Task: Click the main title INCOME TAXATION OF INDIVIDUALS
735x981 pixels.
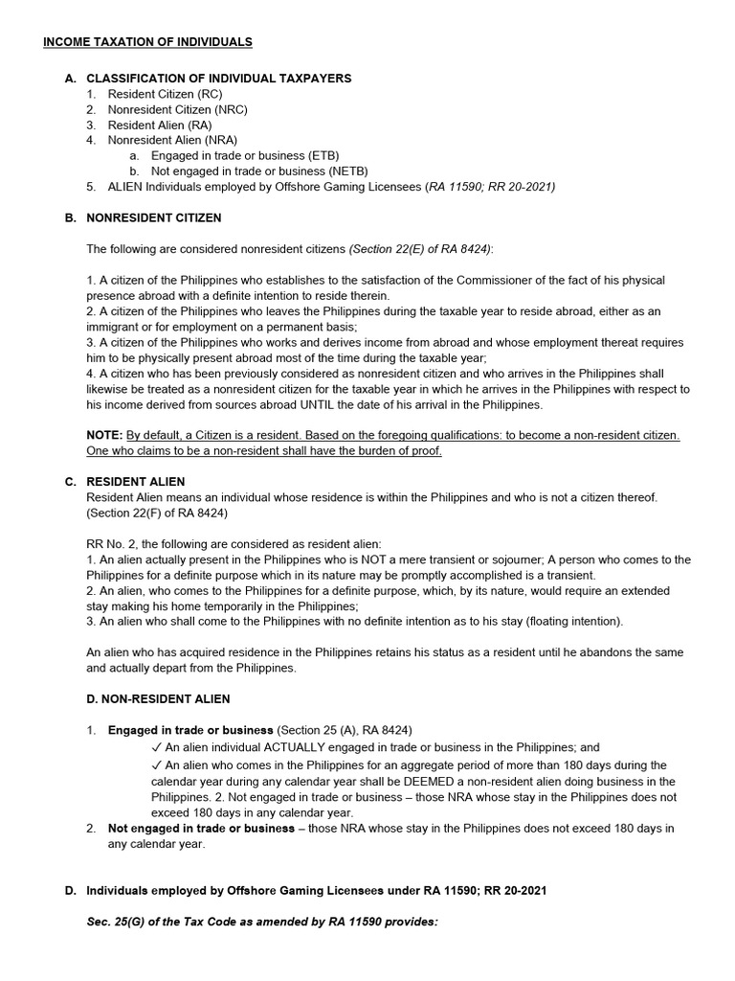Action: [x=147, y=42]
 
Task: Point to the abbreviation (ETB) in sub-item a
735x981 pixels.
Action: [x=323, y=155]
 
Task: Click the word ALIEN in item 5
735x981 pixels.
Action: [x=125, y=186]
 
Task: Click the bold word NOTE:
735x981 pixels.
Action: [x=105, y=435]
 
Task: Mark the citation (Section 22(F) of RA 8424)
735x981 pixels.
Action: [x=157, y=513]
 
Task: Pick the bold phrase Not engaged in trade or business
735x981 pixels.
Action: [x=201, y=829]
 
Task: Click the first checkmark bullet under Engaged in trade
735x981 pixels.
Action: [x=156, y=747]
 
